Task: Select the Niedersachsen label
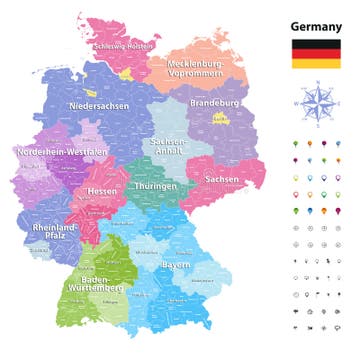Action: (99, 105)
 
